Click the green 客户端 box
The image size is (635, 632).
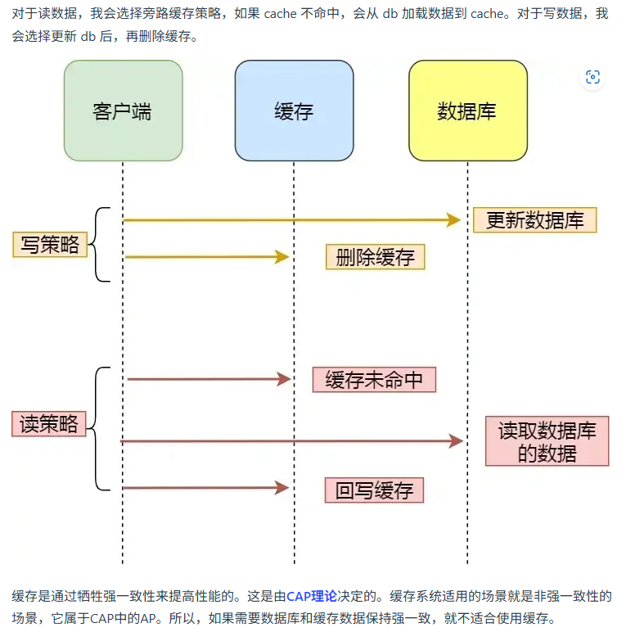click(123, 111)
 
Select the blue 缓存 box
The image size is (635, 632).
click(294, 111)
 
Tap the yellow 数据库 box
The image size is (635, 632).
click(467, 111)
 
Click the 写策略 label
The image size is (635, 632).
click(50, 244)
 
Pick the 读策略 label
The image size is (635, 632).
click(50, 423)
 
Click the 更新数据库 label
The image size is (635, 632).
click(535, 220)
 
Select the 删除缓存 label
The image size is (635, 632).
click(376, 257)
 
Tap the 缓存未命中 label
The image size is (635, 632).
click(374, 380)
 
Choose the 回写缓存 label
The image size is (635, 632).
click(374, 490)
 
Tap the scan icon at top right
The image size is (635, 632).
click(593, 78)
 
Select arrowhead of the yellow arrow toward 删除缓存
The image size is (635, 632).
click(283, 257)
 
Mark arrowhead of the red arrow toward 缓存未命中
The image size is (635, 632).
click(285, 379)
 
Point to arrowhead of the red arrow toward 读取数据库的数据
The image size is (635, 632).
click(457, 441)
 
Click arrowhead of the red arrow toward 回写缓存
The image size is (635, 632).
click(282, 489)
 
